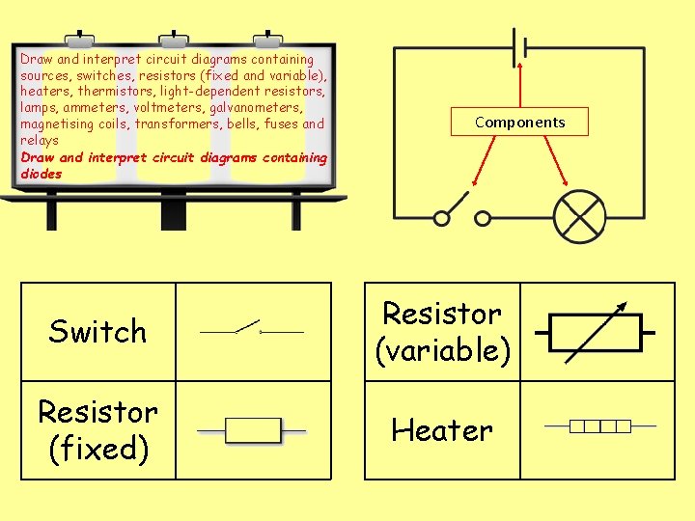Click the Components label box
(x=519, y=123)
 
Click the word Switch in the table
(x=97, y=332)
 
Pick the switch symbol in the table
(x=252, y=330)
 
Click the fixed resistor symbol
(x=252, y=430)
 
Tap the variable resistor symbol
(x=594, y=332)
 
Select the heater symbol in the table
(x=600, y=425)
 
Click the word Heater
(x=442, y=430)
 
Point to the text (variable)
(x=442, y=351)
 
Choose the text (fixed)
(x=97, y=449)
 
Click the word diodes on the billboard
(x=41, y=175)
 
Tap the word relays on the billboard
(x=40, y=141)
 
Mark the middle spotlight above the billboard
(x=174, y=40)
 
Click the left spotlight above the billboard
(x=80, y=40)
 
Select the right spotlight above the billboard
(x=266, y=40)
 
